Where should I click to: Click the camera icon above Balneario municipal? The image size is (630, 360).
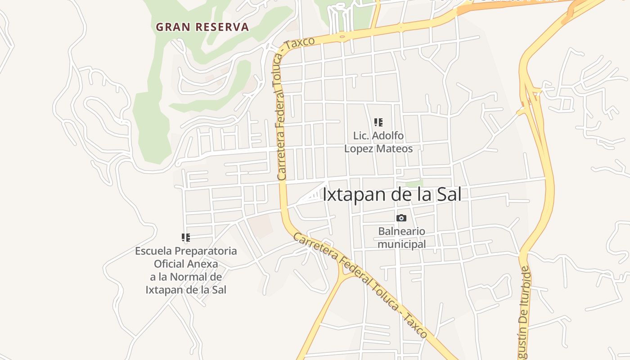pos(401,218)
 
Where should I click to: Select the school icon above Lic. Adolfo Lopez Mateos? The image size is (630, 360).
pos(378,122)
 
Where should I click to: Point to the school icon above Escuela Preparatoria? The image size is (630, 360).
pos(185,237)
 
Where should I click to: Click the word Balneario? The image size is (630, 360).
pos(401,231)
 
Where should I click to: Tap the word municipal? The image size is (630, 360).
pos(401,244)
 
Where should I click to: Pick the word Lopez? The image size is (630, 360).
pos(358,148)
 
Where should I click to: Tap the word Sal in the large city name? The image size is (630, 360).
pos(450,194)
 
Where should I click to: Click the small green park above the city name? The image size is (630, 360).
pos(414,184)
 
